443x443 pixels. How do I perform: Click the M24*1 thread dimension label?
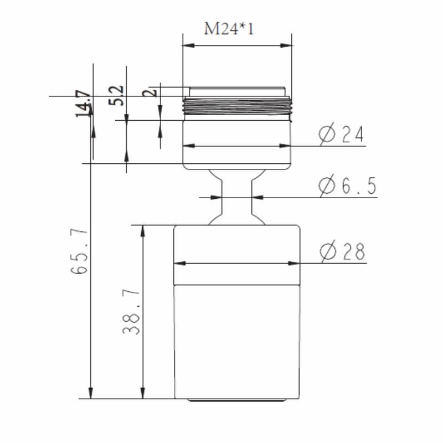229,28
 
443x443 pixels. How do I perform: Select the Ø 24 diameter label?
342,134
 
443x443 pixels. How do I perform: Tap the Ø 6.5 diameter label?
348,186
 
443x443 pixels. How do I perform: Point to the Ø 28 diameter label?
343,252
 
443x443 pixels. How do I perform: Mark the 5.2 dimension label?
117,95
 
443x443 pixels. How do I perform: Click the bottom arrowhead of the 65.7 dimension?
91,394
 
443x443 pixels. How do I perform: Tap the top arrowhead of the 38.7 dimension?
143,229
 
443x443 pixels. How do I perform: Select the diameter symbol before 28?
328,252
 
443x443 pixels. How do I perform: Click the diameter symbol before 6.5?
327,186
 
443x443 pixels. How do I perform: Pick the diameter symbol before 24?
327,134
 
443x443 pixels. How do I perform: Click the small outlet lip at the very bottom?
237,400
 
